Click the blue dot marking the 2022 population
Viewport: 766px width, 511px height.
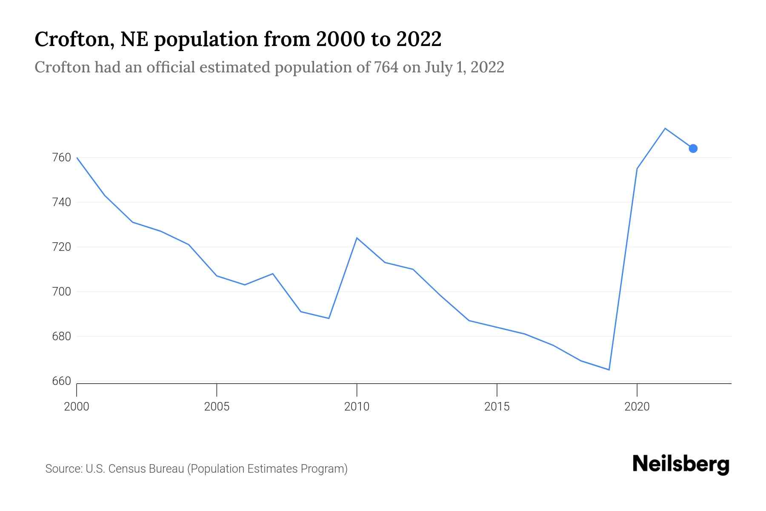(x=693, y=148)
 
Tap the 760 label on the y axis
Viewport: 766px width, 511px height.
(x=61, y=158)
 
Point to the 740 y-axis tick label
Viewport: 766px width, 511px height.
(x=61, y=202)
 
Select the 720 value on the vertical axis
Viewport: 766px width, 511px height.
(x=61, y=247)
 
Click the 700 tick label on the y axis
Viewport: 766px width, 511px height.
(x=61, y=292)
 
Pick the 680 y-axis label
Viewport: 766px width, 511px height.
(x=61, y=336)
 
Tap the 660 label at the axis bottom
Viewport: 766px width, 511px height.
(x=61, y=381)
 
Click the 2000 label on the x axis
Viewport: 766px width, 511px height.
(x=77, y=407)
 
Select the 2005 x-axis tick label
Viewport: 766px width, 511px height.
(x=217, y=407)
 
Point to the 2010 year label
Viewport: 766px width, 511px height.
(x=357, y=407)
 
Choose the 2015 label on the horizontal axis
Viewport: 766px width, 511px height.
(x=497, y=407)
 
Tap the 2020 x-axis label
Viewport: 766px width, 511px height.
(x=637, y=407)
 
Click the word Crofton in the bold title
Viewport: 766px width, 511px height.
(x=74, y=39)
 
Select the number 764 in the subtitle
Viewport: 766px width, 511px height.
(x=386, y=67)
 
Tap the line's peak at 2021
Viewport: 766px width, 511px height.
(x=665, y=128)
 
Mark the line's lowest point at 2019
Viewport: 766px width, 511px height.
(x=609, y=370)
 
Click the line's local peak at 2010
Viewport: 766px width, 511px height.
(x=357, y=238)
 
